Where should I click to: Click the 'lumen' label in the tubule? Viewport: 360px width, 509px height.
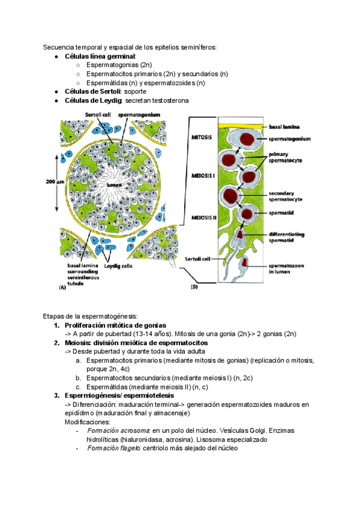pos(114,185)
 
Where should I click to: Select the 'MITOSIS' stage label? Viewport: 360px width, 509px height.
pos(202,137)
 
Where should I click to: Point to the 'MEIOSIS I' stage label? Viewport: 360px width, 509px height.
pos(203,178)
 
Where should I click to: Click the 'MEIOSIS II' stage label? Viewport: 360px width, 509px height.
pos(205,215)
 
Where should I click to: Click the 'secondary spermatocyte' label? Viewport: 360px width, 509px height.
pos(286,196)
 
